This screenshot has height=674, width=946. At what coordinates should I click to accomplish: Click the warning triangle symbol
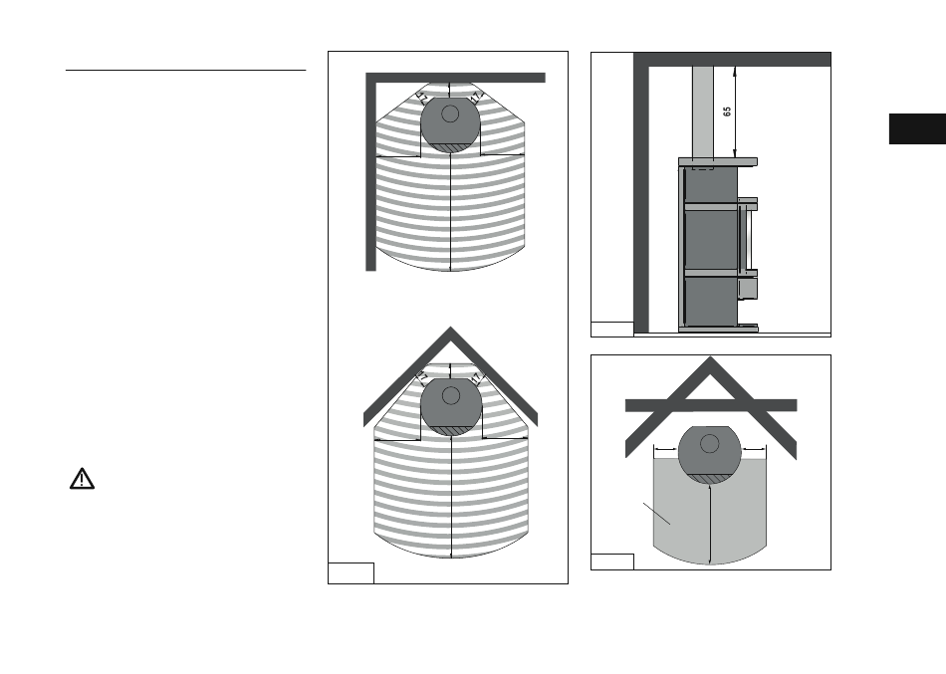[x=82, y=479]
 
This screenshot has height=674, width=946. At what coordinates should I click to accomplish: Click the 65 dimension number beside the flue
[x=727, y=112]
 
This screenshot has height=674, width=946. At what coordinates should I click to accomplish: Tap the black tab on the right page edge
[x=916, y=132]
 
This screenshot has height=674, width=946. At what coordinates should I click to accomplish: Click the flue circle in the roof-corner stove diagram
[x=450, y=395]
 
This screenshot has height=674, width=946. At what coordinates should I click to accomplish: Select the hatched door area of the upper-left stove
[x=450, y=147]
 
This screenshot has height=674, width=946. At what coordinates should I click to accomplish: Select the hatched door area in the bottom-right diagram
[x=709, y=478]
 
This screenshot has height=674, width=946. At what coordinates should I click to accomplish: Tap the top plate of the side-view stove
[x=716, y=160]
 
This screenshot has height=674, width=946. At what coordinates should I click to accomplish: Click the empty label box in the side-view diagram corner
[x=611, y=329]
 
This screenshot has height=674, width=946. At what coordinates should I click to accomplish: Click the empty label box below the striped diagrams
[x=352, y=572]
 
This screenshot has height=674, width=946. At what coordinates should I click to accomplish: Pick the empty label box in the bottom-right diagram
[x=611, y=561]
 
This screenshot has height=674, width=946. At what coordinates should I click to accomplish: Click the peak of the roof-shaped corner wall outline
[x=450, y=332]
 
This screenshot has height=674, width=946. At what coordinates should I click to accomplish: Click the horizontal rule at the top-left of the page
[x=185, y=71]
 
